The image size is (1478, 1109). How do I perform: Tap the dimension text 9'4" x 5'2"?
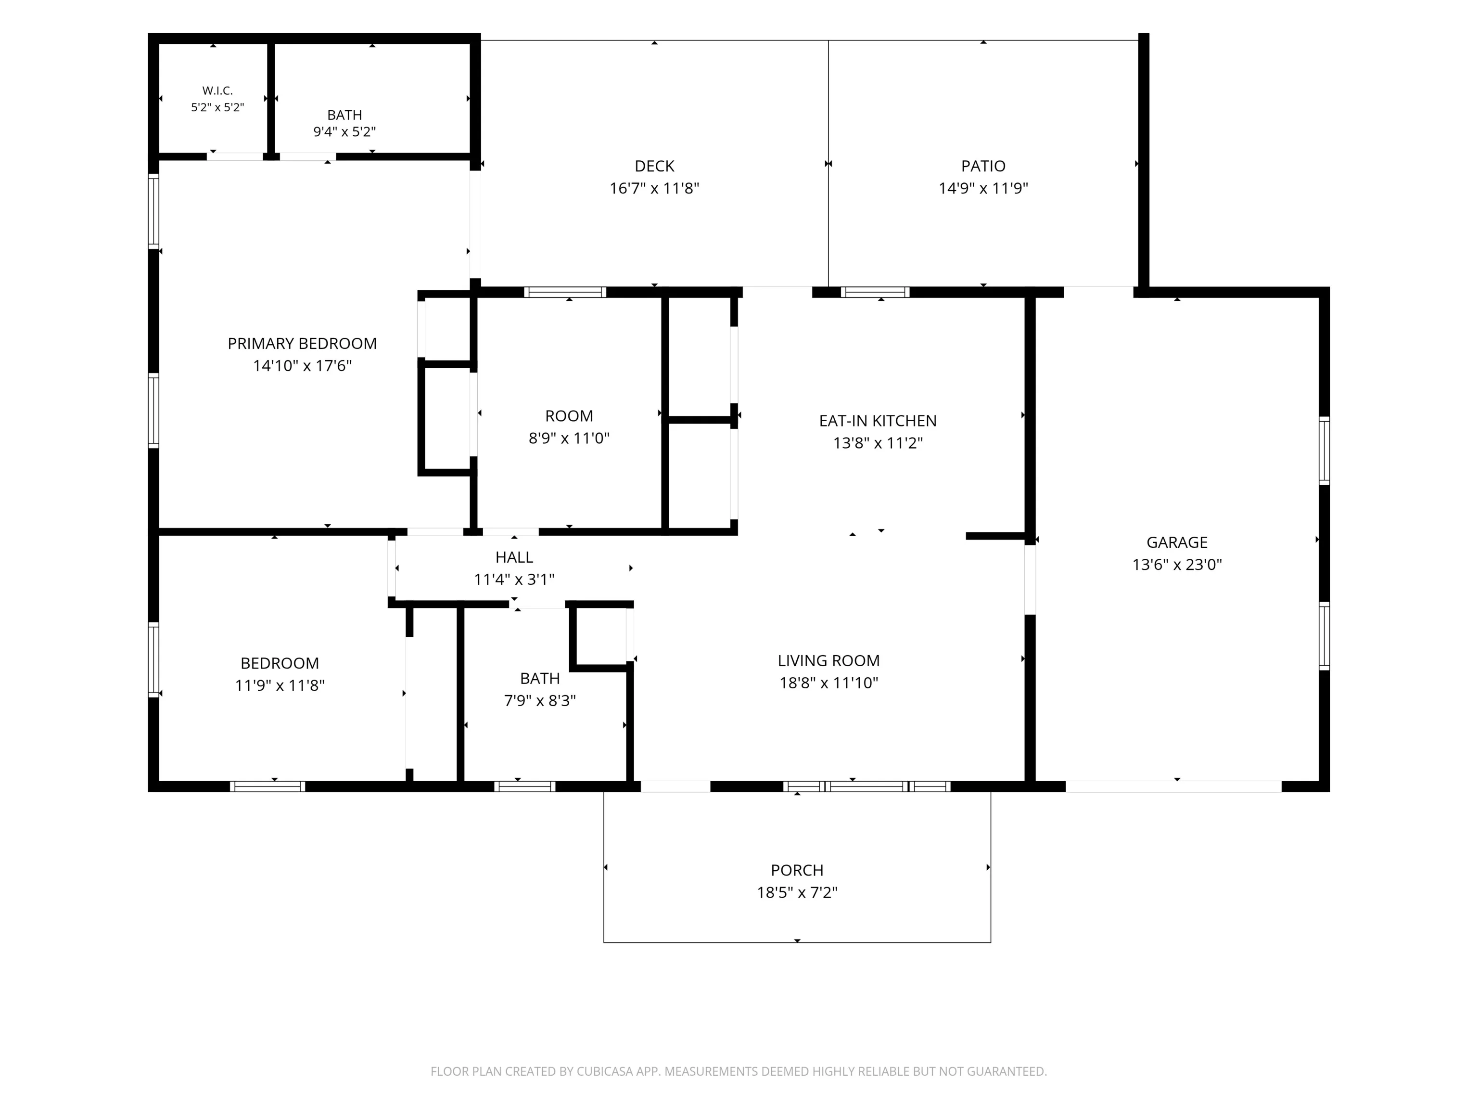[345, 132]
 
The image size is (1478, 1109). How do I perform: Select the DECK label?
[654, 166]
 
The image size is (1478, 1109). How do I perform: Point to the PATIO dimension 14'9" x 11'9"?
[983, 188]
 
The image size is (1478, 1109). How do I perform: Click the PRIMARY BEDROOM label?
[302, 344]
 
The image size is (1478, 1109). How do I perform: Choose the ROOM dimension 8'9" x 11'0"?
[569, 438]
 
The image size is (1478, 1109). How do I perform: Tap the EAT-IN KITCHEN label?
[878, 421]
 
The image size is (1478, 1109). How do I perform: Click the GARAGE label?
[1177, 542]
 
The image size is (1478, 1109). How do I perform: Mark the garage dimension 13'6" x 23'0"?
[1177, 564]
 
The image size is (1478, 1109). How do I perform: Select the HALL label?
[514, 557]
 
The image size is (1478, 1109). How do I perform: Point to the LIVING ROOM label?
[828, 660]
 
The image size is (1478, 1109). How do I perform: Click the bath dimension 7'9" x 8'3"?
[540, 700]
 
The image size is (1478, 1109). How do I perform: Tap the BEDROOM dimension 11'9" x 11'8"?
[280, 685]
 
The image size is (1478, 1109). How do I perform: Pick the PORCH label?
[797, 870]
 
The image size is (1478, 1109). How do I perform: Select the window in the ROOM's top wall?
[565, 292]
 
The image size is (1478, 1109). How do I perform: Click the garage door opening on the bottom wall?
[1173, 786]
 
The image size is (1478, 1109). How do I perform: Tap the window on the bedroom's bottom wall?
[268, 786]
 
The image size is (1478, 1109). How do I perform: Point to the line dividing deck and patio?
[828, 164]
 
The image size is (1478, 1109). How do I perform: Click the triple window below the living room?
[866, 786]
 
